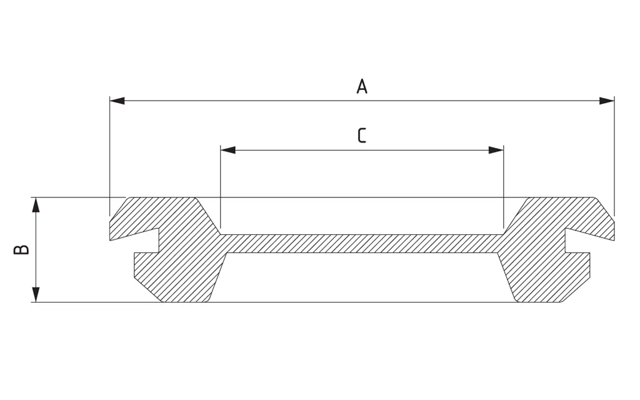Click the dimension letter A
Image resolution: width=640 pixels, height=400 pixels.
(x=362, y=86)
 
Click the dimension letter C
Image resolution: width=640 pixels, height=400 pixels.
(x=362, y=136)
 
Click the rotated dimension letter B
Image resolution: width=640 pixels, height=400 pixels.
(x=21, y=249)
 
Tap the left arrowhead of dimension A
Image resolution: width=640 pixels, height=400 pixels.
(x=117, y=101)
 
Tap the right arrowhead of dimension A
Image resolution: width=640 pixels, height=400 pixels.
(x=606, y=101)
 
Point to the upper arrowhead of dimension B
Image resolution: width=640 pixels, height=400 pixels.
(x=36, y=205)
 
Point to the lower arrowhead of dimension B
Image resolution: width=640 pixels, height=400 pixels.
(x=36, y=295)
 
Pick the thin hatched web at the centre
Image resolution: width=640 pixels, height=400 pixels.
(x=362, y=244)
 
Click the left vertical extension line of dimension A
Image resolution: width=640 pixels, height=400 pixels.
(x=110, y=156)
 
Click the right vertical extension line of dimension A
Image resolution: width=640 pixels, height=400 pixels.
(x=614, y=156)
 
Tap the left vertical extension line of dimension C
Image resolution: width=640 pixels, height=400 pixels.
(x=221, y=187)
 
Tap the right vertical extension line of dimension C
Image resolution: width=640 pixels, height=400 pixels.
(x=504, y=187)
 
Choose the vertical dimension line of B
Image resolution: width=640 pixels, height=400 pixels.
(x=36, y=250)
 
